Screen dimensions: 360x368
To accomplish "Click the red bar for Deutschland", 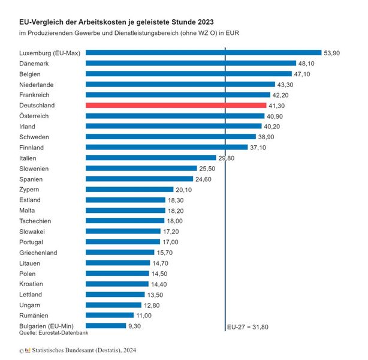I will point(176,105).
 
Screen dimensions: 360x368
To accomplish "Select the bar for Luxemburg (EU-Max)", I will point(203,53).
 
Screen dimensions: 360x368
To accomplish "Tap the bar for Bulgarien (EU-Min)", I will point(105,326).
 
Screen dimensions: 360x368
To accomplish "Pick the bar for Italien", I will point(150,158).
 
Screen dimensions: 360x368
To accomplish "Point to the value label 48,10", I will point(307,63).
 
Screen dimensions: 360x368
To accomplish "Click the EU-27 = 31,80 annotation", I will point(248,328).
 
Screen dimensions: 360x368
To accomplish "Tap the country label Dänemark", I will point(34,63).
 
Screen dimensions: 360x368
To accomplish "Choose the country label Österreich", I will point(34,116).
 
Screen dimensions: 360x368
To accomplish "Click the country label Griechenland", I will point(38,253).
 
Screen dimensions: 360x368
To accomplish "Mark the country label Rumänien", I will point(34,315).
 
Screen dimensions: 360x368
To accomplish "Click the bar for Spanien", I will point(140,179).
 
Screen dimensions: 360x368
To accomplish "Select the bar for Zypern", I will point(129,190).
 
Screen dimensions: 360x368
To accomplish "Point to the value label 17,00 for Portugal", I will point(171,242).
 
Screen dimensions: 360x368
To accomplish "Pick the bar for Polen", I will point(117,274).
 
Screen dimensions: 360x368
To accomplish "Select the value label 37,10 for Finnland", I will point(260,147).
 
